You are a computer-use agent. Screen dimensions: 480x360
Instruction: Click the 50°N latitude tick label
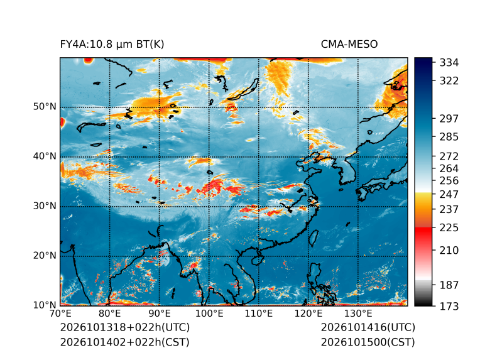45,107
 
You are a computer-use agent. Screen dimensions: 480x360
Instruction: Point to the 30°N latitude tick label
45,205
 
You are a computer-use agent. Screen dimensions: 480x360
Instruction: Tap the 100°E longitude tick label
209,314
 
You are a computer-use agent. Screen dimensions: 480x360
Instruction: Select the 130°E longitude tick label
358,314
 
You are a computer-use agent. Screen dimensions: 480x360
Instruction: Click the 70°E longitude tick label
60,314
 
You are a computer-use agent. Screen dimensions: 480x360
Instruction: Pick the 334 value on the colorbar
449,62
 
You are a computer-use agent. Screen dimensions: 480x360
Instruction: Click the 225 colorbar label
449,228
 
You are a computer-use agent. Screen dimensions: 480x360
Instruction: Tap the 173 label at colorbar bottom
449,306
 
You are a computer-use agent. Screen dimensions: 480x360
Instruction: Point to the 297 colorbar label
449,119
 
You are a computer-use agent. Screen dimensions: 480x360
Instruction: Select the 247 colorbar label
449,194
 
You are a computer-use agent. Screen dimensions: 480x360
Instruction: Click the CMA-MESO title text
349,45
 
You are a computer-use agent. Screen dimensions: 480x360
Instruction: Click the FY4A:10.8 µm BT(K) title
112,45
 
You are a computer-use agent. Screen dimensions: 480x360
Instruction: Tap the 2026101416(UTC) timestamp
368,327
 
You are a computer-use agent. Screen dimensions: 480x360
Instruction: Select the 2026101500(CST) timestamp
368,342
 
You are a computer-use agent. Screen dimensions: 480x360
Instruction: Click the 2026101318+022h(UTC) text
125,327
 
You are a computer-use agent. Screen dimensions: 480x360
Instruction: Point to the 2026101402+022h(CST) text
124,342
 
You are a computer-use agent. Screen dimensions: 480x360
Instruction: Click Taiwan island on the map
314,238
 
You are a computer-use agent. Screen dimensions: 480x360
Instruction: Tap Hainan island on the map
258,260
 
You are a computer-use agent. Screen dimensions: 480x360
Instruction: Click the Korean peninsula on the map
351,169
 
